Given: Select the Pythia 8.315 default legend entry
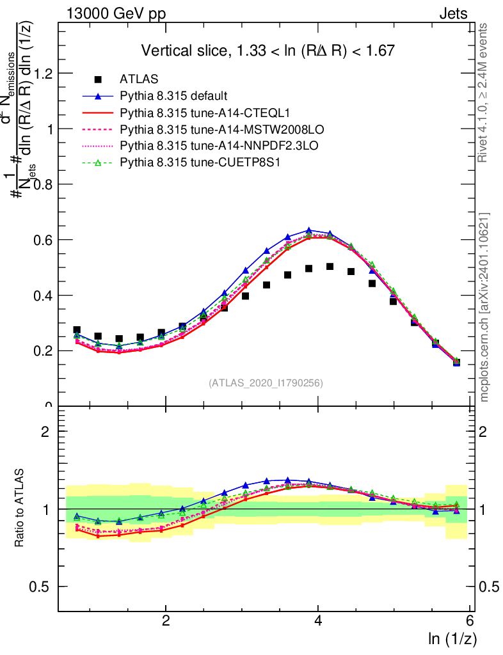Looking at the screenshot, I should [173, 97].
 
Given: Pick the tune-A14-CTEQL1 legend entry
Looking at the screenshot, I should [185, 113].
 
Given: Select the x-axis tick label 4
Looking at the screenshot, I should [318, 621].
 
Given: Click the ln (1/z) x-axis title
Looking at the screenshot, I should [451, 639].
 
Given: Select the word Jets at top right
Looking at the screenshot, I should [453, 14].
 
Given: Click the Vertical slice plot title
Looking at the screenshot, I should [267, 51].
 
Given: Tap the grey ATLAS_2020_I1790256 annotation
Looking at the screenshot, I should [265, 384].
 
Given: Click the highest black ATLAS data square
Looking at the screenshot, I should [330, 267].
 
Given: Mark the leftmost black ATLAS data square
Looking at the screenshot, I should [77, 330].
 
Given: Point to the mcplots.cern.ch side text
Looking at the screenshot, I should [485, 307].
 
